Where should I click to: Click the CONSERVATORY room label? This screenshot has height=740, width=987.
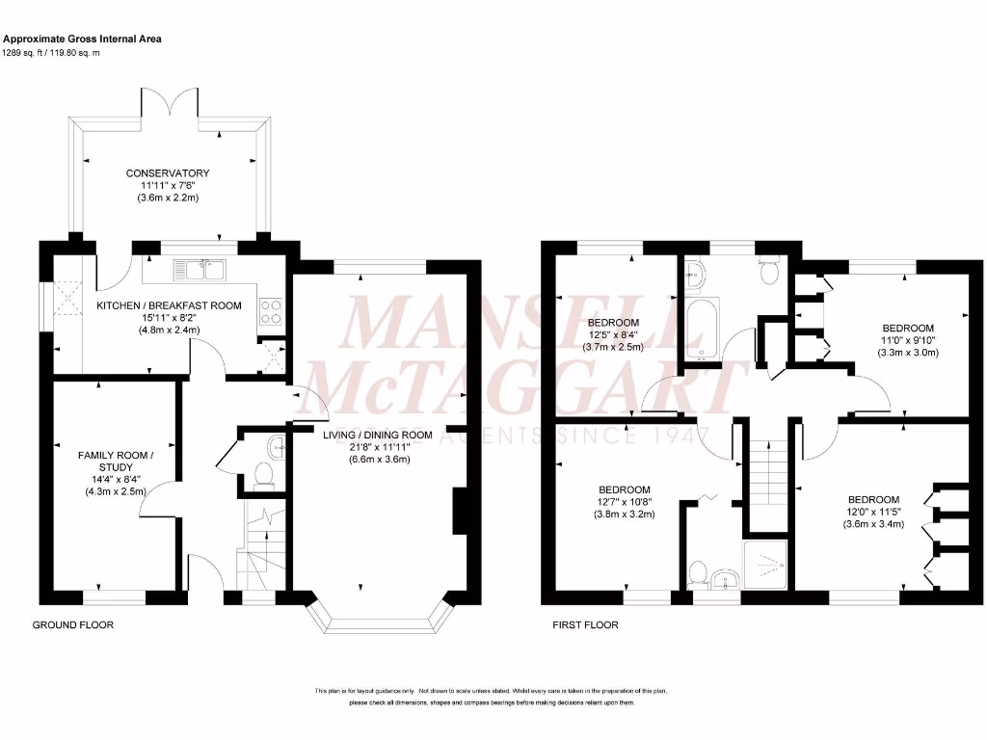(x=168, y=173)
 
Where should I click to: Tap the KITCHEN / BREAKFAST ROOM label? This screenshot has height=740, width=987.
(x=169, y=305)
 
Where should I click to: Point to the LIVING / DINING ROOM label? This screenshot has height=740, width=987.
(x=377, y=435)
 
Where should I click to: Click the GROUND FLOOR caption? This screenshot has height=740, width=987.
(x=73, y=625)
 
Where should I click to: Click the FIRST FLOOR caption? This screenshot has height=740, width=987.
(x=585, y=625)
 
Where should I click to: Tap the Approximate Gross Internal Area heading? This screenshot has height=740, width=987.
(x=82, y=39)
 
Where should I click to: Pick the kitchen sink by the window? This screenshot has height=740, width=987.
(x=199, y=269)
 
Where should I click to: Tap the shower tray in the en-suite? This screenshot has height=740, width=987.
(x=765, y=563)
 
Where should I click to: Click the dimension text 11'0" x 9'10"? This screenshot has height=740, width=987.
(x=906, y=340)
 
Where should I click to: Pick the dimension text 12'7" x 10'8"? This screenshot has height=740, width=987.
(x=624, y=501)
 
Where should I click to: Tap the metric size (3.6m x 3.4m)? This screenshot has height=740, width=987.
(x=874, y=525)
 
